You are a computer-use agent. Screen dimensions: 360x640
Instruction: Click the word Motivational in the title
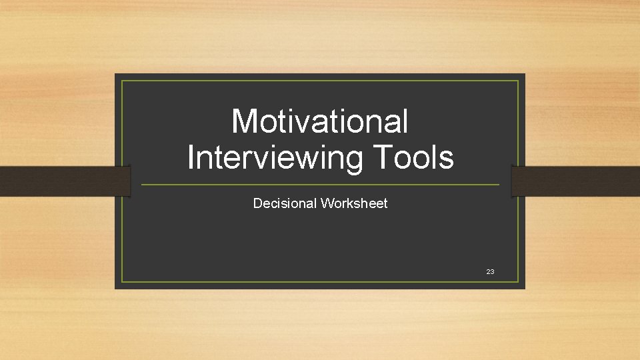(319, 122)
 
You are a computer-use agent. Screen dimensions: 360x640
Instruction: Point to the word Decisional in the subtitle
(285, 203)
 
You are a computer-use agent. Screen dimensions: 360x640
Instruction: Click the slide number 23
(490, 272)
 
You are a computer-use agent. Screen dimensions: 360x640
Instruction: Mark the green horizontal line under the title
(320, 185)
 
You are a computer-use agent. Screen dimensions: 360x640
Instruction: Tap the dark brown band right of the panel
(577, 181)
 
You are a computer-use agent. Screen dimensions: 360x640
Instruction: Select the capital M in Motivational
(244, 122)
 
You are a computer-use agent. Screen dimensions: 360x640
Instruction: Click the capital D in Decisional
(257, 203)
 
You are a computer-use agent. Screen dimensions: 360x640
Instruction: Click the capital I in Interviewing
(191, 158)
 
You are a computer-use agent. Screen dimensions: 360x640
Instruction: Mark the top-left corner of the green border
(123, 81)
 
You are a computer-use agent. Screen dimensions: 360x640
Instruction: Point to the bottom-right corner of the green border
(518, 281)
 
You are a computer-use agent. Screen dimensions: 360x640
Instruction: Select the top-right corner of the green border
(518, 81)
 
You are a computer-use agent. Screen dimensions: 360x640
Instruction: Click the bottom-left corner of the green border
(123, 281)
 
